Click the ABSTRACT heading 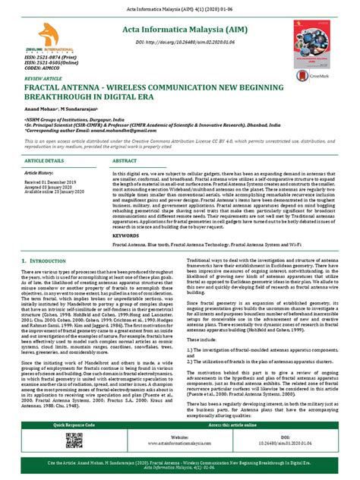click(126, 162)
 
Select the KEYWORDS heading click(125, 235)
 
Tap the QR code click(74, 441)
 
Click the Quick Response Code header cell click(74, 425)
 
